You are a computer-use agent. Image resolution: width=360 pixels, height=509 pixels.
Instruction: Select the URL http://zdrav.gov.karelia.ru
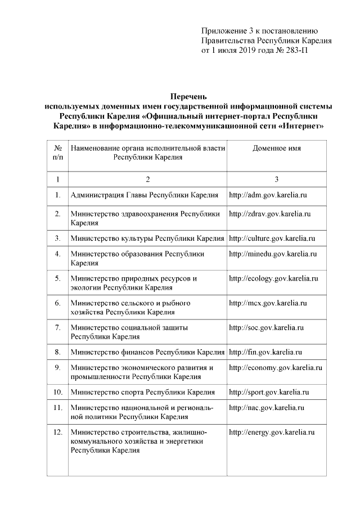tap(269, 214)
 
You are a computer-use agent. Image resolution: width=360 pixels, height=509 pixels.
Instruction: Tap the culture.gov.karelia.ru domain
tap(272, 238)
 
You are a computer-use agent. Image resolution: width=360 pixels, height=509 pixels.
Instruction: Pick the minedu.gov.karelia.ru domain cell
tap(273, 254)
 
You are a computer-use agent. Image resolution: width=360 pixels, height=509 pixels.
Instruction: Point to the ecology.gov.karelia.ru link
tap(273, 278)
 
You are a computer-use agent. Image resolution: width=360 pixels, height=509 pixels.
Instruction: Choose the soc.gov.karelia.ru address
tap(266, 327)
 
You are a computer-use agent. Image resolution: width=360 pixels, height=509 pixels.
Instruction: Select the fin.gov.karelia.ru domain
tap(265, 352)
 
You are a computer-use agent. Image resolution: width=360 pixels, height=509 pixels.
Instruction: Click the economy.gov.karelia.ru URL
tap(275, 368)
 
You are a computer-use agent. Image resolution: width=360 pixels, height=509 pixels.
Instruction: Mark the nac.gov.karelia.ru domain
tap(267, 407)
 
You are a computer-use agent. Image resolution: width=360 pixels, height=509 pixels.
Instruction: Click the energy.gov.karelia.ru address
tap(271, 432)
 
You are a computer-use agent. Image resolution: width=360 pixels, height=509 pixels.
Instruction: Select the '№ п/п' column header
tap(57, 153)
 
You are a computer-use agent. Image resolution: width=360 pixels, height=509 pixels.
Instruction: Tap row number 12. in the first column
tap(57, 432)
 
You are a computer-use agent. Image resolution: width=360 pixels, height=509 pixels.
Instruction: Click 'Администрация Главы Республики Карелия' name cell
tap(144, 195)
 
